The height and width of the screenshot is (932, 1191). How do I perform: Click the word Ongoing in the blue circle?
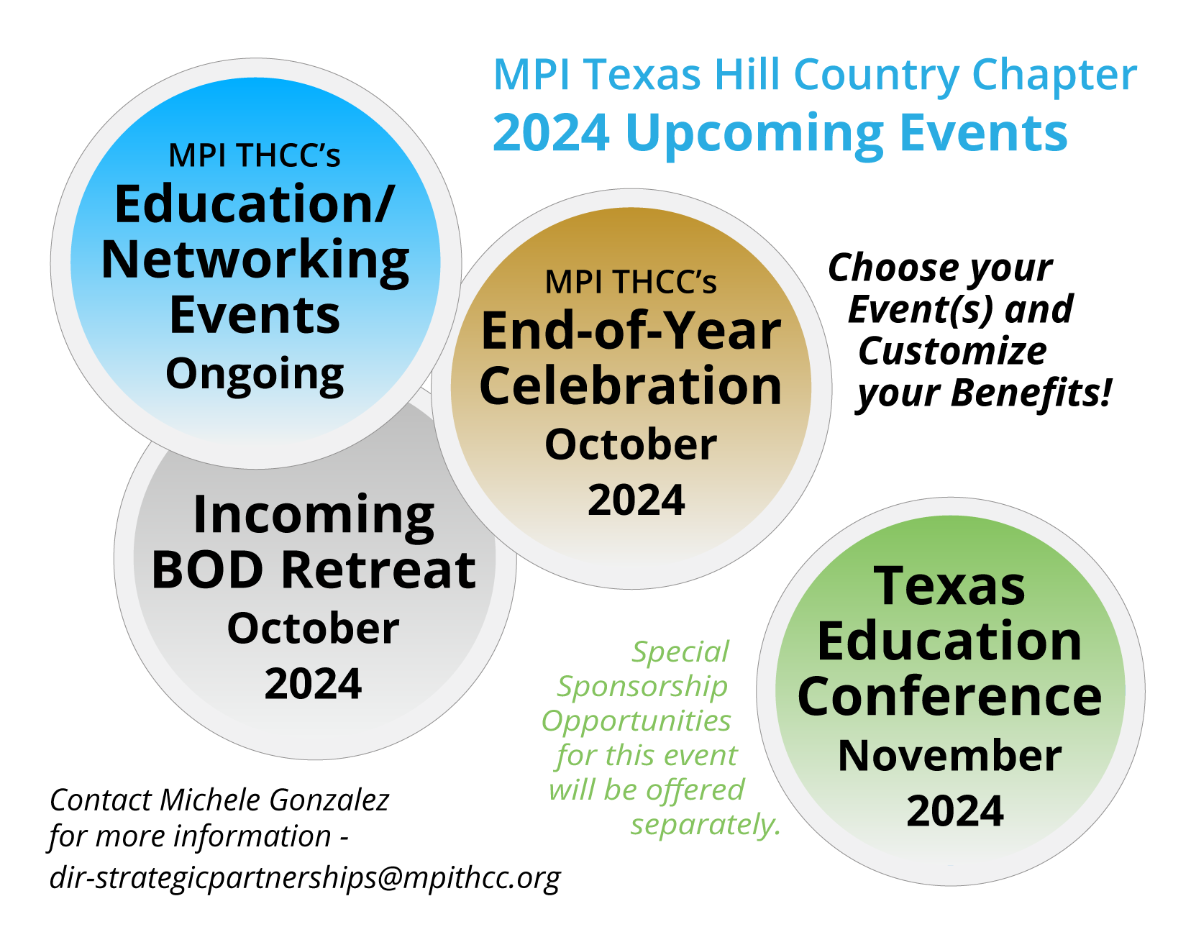tap(255, 375)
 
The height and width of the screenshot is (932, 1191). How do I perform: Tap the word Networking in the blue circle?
tap(255, 260)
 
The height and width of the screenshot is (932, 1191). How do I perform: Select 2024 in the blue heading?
tap(551, 133)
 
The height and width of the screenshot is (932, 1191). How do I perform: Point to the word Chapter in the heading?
tap(1054, 75)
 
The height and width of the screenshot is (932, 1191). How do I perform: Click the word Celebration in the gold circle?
tap(630, 386)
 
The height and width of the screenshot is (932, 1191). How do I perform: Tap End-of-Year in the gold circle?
tap(631, 331)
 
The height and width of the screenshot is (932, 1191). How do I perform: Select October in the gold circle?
tap(631, 444)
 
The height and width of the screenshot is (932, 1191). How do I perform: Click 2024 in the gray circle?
tap(313, 684)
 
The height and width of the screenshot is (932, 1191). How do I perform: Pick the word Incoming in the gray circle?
tap(314, 515)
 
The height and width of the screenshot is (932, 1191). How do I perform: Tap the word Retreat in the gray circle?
tap(378, 570)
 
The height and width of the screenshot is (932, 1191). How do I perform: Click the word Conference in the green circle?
tap(949, 697)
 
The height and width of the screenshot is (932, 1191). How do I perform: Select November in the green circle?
tap(949, 755)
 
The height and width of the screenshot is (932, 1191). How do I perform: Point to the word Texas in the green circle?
tap(949, 586)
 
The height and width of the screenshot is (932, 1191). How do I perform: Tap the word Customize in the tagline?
tap(952, 352)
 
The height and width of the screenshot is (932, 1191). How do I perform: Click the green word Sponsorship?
tap(642, 686)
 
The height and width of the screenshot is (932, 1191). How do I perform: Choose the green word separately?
tap(705, 824)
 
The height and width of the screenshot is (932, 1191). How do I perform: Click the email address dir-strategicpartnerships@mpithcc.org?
tap(305, 877)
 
